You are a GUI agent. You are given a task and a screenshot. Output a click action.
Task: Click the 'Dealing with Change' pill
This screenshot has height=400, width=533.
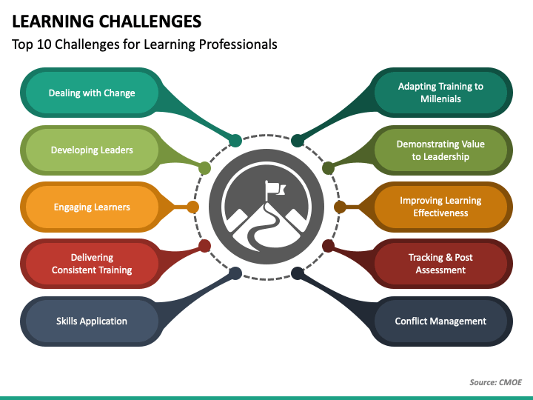(92, 93)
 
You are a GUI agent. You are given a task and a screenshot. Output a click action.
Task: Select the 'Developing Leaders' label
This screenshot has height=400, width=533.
(92, 150)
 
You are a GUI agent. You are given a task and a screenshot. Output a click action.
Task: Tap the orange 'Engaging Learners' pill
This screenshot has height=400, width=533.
(92, 207)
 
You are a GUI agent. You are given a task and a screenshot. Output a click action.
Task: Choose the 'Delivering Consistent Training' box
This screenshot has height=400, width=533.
(92, 264)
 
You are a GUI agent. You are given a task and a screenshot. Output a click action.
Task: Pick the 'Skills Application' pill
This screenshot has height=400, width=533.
(92, 321)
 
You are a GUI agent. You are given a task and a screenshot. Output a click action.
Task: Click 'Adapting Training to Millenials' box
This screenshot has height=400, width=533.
(441, 93)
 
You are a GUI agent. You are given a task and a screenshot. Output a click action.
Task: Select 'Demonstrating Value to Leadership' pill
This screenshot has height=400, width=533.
(441, 150)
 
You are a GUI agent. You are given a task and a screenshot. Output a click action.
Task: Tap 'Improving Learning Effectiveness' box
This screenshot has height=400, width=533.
(441, 207)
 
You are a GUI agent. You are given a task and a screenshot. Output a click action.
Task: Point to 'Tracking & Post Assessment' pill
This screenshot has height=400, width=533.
(441, 264)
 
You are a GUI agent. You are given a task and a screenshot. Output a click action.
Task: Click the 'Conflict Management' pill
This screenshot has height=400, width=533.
(441, 321)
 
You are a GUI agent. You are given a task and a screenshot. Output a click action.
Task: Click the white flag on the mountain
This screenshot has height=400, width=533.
(275, 189)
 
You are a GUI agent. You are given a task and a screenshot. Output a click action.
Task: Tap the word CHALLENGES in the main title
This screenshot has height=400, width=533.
(150, 21)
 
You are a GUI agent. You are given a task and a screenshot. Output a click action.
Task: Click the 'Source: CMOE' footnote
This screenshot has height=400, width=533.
(495, 382)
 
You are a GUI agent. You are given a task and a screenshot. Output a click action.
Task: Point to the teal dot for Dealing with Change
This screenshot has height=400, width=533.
(235, 141)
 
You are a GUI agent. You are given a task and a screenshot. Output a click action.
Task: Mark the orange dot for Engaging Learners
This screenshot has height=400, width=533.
(192, 207)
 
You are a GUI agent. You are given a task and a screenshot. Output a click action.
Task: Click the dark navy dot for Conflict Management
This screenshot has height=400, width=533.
(298, 273)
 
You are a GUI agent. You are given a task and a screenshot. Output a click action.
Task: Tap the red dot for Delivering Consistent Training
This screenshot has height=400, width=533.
(204, 246)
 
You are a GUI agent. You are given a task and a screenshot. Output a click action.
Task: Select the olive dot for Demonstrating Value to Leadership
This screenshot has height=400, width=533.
(329, 168)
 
